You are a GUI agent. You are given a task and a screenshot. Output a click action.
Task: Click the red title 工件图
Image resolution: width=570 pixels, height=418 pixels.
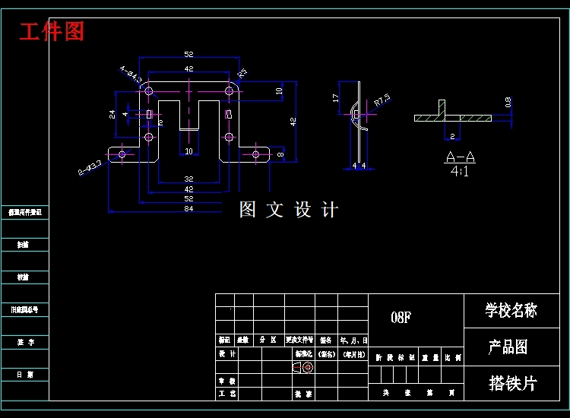pyautogui.click(x=52, y=32)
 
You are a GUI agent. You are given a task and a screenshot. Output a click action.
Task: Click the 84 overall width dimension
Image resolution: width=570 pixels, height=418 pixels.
pyautogui.click(x=188, y=208)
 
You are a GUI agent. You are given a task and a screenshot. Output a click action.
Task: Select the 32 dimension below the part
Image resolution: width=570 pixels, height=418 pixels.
pyautogui.click(x=188, y=179)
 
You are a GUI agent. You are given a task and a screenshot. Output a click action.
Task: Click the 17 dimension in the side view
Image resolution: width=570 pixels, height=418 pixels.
pyautogui.click(x=335, y=98)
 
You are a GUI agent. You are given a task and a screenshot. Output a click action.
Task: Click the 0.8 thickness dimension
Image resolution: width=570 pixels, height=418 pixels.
pyautogui.click(x=508, y=102)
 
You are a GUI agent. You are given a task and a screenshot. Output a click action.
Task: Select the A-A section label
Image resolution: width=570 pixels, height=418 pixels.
pyautogui.click(x=460, y=157)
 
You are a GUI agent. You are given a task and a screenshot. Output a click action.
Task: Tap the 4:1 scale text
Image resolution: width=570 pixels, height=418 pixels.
pyautogui.click(x=460, y=172)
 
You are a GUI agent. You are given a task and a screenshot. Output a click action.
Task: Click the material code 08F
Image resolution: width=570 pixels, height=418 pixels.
pyautogui.click(x=401, y=318)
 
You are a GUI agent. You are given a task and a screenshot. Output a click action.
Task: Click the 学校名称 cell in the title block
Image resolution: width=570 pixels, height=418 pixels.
pyautogui.click(x=511, y=310)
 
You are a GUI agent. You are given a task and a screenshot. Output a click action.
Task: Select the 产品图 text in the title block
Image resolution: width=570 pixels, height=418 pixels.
pyautogui.click(x=508, y=347)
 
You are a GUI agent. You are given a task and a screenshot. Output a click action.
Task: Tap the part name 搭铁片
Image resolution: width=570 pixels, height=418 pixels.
pyautogui.click(x=511, y=383)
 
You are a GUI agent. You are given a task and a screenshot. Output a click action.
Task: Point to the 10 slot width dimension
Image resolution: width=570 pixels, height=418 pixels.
pyautogui.click(x=188, y=151)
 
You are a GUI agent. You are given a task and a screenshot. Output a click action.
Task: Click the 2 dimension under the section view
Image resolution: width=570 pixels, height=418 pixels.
pyautogui.click(x=452, y=137)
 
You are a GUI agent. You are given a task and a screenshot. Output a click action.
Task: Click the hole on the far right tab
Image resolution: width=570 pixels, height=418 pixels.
pyautogui.click(x=256, y=154)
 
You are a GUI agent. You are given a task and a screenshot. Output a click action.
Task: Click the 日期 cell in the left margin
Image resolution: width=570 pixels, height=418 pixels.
pyautogui.click(x=25, y=375)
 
